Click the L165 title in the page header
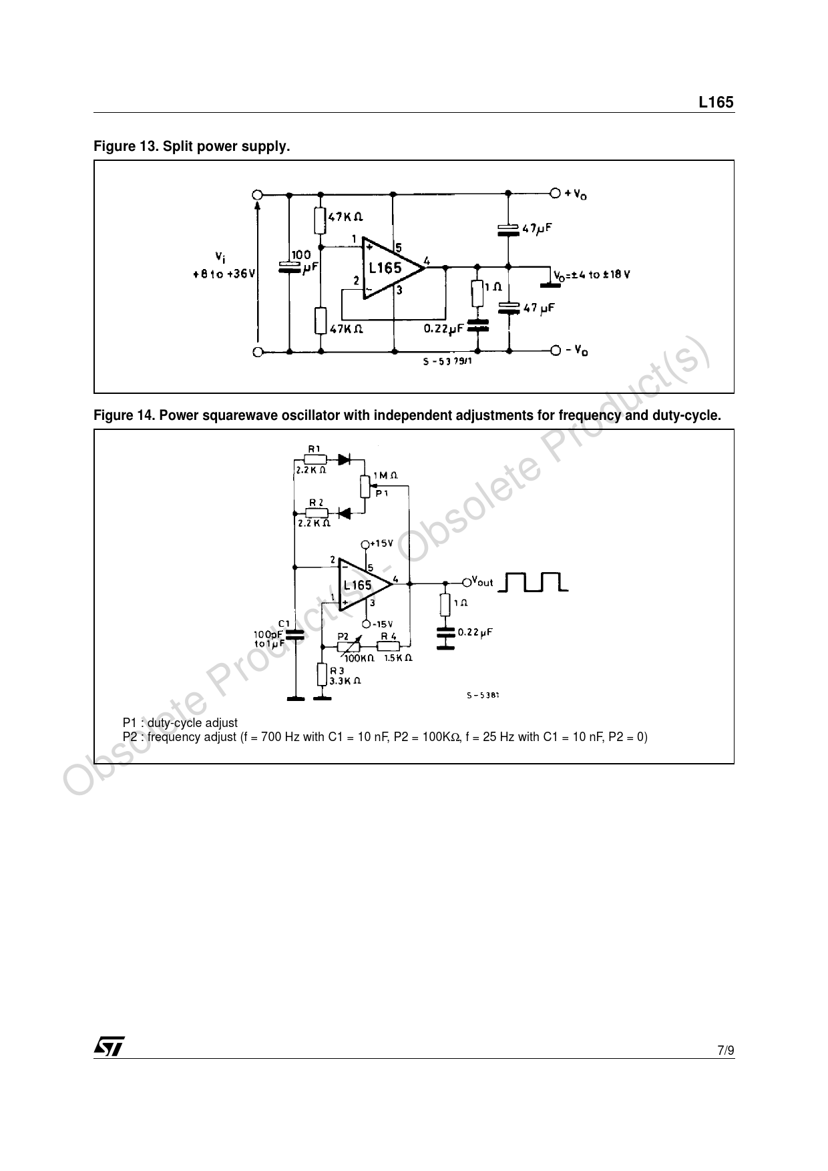(x=716, y=102)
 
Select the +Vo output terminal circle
(x=554, y=194)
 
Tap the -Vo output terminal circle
(x=555, y=350)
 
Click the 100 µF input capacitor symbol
(x=289, y=266)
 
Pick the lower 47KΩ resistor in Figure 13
(x=321, y=320)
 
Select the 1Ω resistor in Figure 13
(x=477, y=294)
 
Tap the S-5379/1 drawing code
(x=447, y=362)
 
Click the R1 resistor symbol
(x=315, y=459)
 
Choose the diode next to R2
(x=345, y=513)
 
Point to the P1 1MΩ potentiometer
(x=365, y=486)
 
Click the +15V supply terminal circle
(x=365, y=544)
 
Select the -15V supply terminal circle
(x=365, y=624)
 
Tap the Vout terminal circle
(x=467, y=583)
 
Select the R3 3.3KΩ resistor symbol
(x=323, y=676)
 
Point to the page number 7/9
(x=726, y=1051)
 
